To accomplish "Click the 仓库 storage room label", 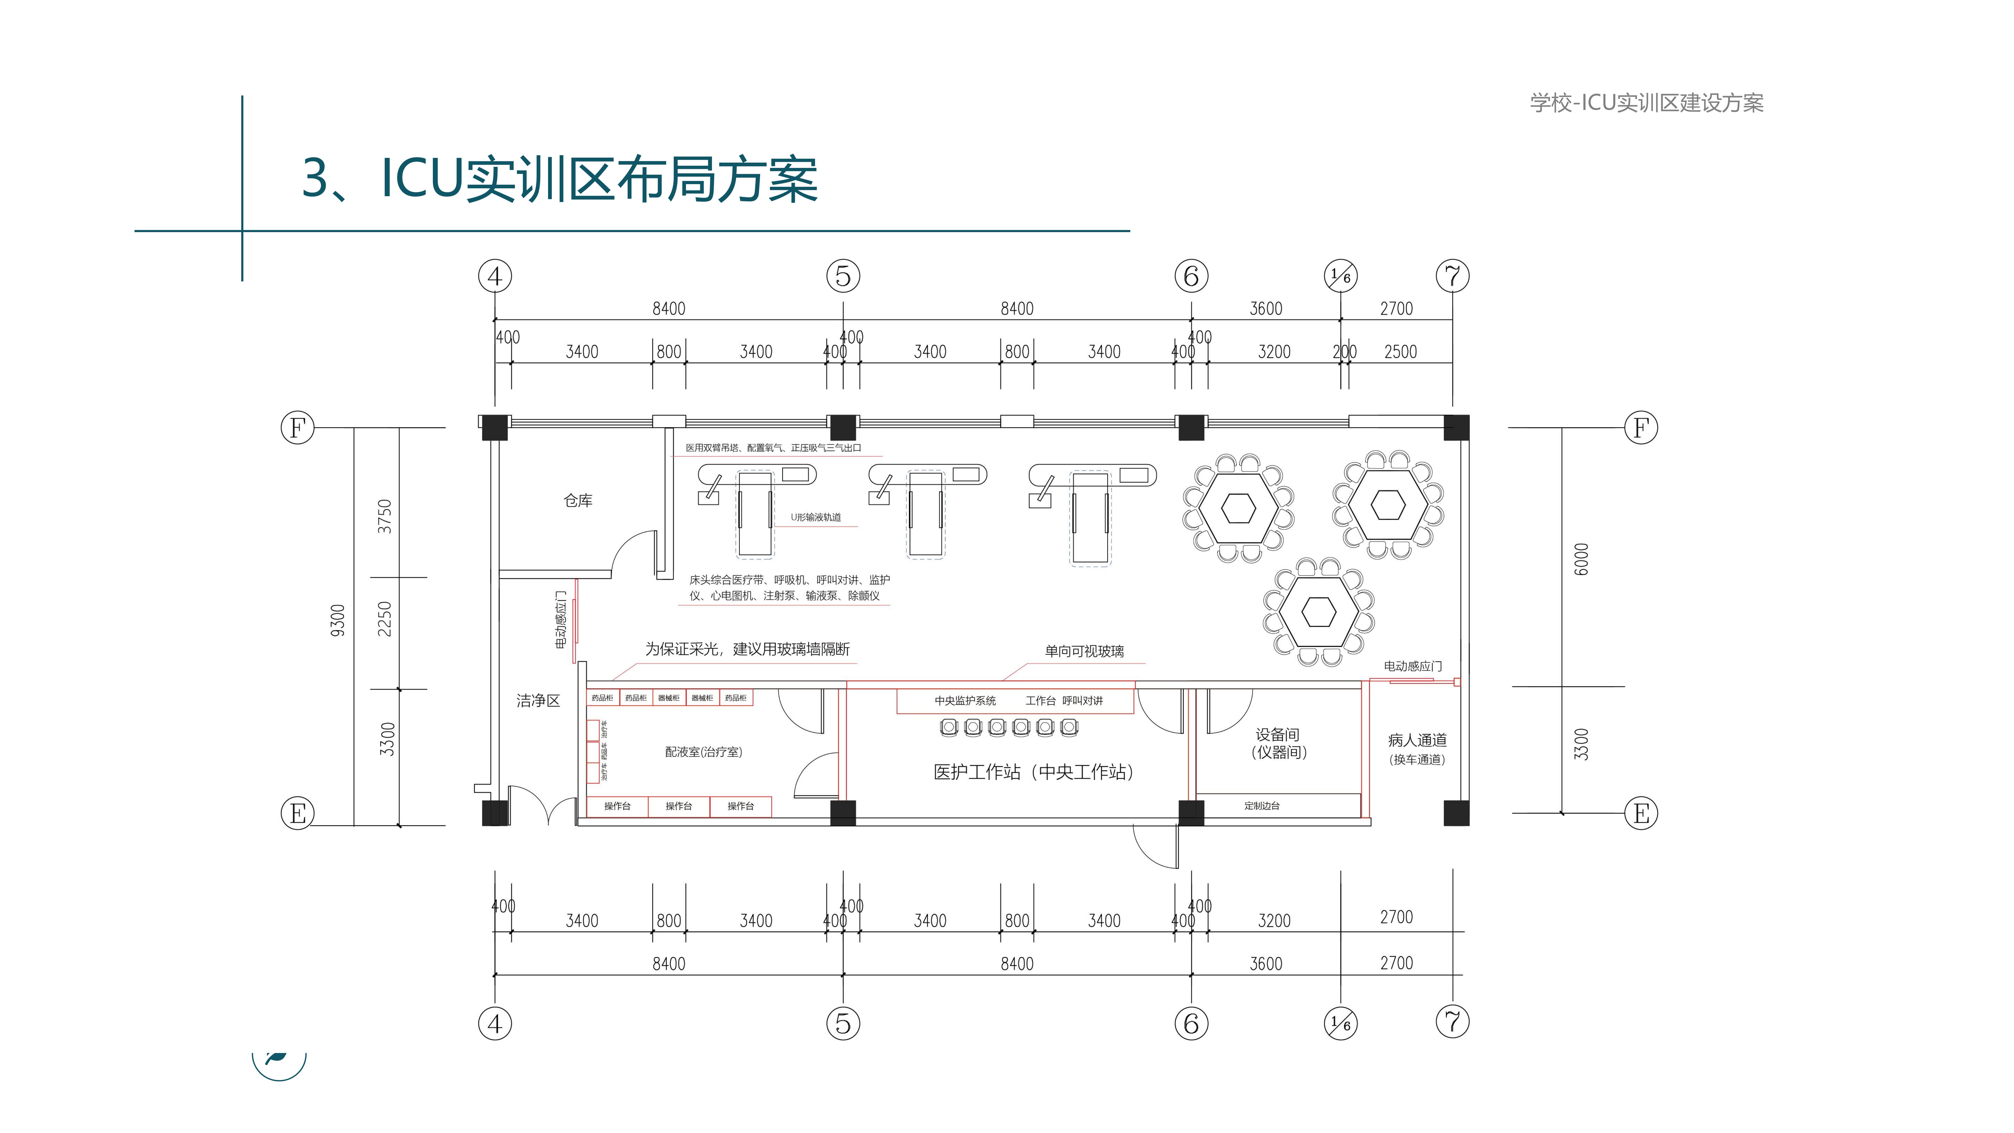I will click(x=578, y=500).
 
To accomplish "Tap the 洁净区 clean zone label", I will click(x=538, y=701).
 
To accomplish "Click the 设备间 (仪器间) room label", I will click(x=1278, y=743).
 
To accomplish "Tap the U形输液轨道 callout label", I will click(x=816, y=517).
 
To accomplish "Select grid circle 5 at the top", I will click(x=843, y=276).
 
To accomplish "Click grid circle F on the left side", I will click(x=297, y=428).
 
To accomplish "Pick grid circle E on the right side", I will click(x=1640, y=813).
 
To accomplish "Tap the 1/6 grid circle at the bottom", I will click(x=1340, y=1023).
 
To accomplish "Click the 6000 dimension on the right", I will click(x=1581, y=559).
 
